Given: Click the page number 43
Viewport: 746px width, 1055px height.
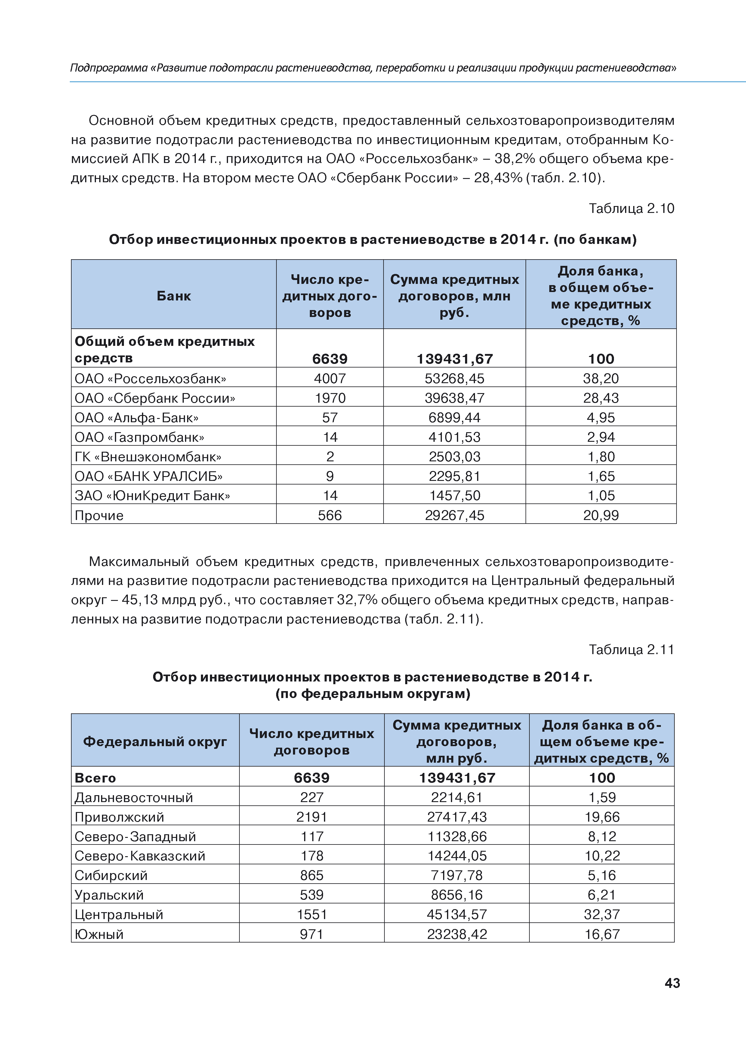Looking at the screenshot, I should click(672, 983).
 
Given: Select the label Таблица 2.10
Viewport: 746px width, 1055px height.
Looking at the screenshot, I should click(631, 209).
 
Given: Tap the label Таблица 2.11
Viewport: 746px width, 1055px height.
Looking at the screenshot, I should click(631, 649).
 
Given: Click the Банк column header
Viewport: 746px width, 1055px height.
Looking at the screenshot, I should click(174, 296).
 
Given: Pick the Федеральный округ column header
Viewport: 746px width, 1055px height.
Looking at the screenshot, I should click(155, 742).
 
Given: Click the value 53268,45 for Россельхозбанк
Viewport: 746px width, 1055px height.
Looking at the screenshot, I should click(454, 379).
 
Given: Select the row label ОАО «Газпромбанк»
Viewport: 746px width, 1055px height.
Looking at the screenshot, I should click(139, 437).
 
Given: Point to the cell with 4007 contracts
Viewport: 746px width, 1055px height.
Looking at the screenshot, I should click(330, 379).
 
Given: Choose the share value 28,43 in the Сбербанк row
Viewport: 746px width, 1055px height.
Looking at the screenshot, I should click(601, 398).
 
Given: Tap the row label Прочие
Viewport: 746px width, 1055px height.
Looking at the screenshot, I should click(99, 515).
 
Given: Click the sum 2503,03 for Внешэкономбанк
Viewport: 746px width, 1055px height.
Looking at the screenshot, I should click(454, 457).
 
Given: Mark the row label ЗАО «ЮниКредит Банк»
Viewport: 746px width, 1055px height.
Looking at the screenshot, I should click(152, 496).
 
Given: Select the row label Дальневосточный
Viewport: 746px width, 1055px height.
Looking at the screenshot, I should click(134, 798).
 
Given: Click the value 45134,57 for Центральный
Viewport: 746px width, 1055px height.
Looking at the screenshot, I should click(456, 914).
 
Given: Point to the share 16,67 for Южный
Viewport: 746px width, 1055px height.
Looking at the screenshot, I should click(602, 934).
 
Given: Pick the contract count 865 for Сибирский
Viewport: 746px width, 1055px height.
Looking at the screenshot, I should click(312, 875).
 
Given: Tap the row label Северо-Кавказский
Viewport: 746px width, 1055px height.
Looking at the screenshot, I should click(140, 856).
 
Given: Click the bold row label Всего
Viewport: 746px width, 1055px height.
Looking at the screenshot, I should click(95, 778).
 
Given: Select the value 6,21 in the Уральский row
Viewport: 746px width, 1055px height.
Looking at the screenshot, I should click(602, 895).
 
